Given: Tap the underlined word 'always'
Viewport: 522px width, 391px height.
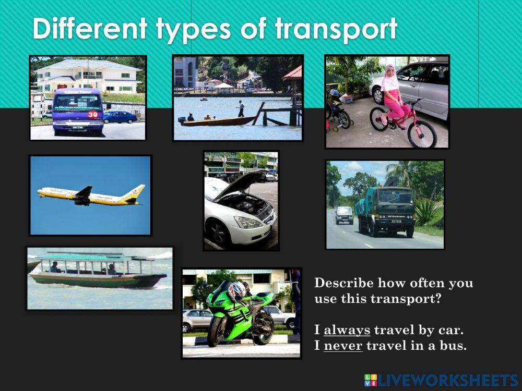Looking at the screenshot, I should (347, 330).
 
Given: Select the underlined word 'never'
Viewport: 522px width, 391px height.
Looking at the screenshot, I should (343, 345).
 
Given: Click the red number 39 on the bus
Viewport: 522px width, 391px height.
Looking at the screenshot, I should (93, 114).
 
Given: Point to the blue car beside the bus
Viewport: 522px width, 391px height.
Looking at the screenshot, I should (120, 117).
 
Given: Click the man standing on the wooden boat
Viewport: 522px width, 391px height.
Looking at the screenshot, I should (241, 108).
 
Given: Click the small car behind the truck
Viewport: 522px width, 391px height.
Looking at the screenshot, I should (343, 214).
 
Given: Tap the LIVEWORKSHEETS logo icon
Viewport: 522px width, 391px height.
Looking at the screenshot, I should (371, 380).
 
